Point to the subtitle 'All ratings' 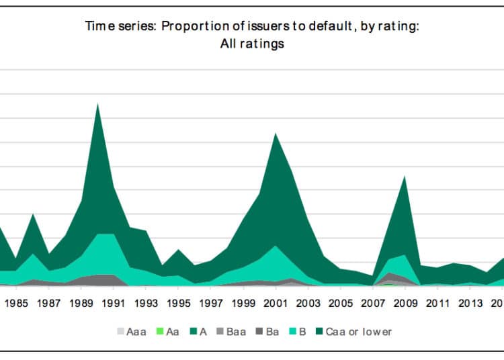pos(252,44)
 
